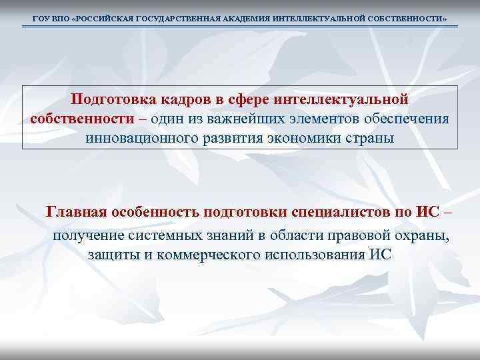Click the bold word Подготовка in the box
click(111, 99)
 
